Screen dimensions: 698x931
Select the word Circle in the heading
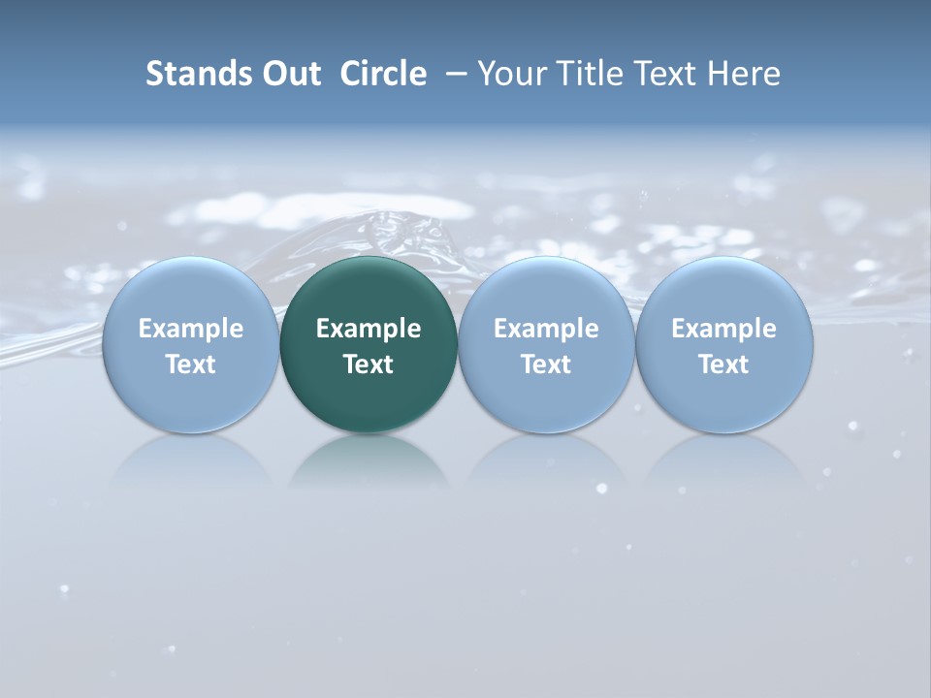383,74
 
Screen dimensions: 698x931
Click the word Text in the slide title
667,74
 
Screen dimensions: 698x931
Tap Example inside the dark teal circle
369,329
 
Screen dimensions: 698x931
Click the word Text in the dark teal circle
369,365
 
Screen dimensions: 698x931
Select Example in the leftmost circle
191,329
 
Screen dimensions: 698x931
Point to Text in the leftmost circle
191,365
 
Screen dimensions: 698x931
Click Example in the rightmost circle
724,329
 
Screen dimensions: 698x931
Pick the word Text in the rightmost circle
724,365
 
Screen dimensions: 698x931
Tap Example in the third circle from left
547,329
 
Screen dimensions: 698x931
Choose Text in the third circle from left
547,365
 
